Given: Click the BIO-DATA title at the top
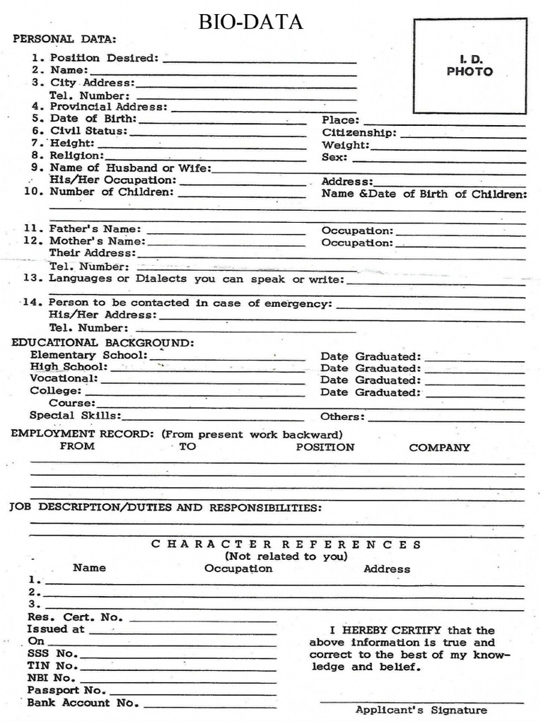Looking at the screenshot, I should pos(250,23).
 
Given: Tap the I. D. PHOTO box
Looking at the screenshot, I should pos(469,66).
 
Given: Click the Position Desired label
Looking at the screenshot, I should pos(105,58).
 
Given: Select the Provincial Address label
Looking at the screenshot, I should pos(109,107).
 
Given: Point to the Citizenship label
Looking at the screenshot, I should pos(359,133).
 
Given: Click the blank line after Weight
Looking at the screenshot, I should pos(448,146).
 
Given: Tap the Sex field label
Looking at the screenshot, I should pos(334,157).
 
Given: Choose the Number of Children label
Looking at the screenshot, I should pos(111,192).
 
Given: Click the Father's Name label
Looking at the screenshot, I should pos(95,229).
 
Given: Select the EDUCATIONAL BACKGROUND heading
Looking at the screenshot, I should pos(103,343).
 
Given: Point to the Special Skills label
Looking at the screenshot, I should pos(75,416).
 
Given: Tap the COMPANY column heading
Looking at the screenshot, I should pos(439,448).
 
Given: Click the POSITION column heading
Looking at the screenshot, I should pos(325,448).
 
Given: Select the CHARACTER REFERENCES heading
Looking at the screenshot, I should pos(286,544).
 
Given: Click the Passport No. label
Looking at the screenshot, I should pos(66,690).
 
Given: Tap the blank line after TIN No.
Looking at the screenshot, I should pos(178,667).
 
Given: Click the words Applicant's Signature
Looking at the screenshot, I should pos(421,710).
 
